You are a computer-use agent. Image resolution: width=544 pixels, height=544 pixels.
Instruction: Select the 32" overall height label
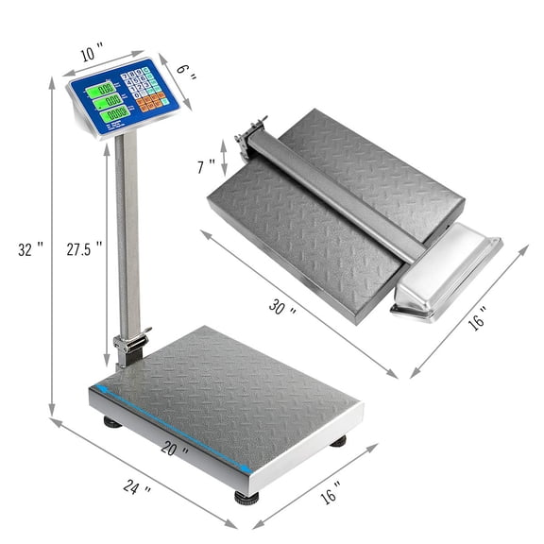coord(32,250)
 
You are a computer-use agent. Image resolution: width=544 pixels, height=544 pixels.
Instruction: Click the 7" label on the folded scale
coord(207,166)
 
